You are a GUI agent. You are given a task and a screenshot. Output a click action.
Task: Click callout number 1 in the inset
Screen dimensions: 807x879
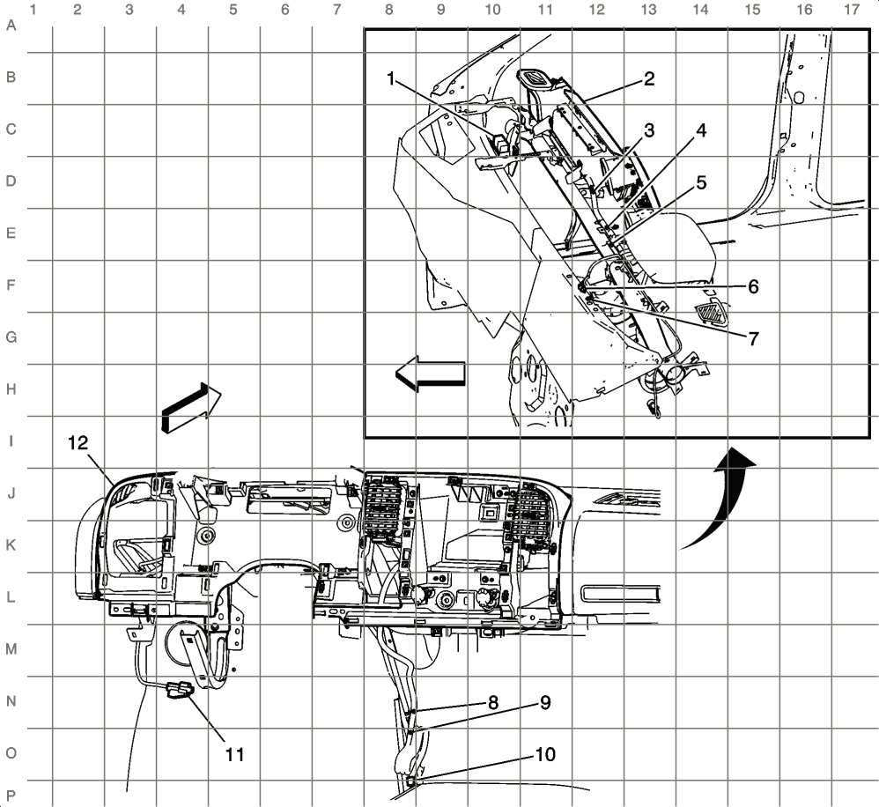[x=391, y=78]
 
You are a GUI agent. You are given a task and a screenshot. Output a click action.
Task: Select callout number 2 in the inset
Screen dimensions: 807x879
[x=648, y=78]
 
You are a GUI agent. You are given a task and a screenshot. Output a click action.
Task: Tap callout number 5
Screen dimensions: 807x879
[x=701, y=182]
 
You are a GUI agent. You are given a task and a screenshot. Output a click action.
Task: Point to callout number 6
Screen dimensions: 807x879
[x=753, y=286]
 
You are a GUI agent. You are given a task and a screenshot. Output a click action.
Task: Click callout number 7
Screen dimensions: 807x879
[x=753, y=337]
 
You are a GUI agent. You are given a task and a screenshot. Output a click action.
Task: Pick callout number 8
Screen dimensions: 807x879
[x=493, y=702]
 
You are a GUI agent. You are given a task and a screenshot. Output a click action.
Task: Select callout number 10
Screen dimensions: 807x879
[x=545, y=754]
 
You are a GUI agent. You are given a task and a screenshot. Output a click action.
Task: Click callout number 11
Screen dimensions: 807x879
[x=233, y=754]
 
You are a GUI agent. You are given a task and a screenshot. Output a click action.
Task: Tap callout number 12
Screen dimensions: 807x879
[x=78, y=442]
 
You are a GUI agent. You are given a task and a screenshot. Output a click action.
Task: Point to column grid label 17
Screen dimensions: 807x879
[x=852, y=11]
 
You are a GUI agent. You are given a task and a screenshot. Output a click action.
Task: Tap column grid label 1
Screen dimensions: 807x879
[x=33, y=11]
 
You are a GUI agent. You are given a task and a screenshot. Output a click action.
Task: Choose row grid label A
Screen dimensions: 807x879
[x=11, y=26]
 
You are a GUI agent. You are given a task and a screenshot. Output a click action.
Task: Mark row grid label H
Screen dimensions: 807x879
[x=11, y=389]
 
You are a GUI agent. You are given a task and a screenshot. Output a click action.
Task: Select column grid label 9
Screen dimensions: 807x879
[x=440, y=11]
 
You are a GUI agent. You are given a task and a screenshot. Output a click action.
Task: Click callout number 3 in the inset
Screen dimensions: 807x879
[x=648, y=130]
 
